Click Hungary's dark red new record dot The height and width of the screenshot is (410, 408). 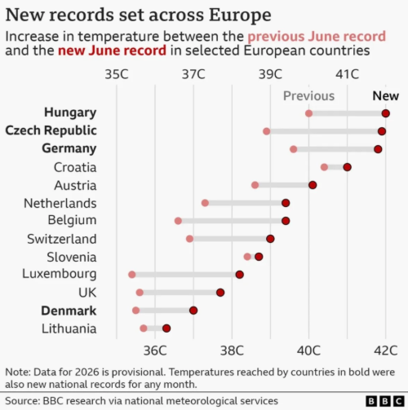pos(385,113)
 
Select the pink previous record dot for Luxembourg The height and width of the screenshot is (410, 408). pos(132,275)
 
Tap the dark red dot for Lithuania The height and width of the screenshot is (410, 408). pos(166,328)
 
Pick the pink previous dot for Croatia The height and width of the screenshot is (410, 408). pos(324,167)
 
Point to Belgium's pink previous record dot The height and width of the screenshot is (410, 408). pos(178,221)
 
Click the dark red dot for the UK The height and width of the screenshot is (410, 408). pos(220,293)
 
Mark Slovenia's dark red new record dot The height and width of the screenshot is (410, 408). pos(259,257)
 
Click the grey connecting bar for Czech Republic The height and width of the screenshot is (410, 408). pos(324,131)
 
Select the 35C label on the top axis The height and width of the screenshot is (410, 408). pos(117,74)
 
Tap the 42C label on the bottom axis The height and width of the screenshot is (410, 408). pos(385,350)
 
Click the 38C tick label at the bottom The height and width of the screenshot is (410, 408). pos(232,350)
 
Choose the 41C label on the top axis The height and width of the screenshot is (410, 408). pos(347,74)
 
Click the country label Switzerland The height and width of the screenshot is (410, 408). pos(62,239)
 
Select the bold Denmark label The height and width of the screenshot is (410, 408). pos(69,311)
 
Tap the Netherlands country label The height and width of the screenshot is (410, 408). pos(60,203)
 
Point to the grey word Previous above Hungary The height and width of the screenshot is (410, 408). pos(308,96)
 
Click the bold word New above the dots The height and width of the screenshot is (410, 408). pos(385,96)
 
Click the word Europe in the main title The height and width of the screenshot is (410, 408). pos(240,15)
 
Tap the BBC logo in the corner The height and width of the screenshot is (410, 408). pos(384,401)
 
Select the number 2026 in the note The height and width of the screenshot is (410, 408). pos(87,372)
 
